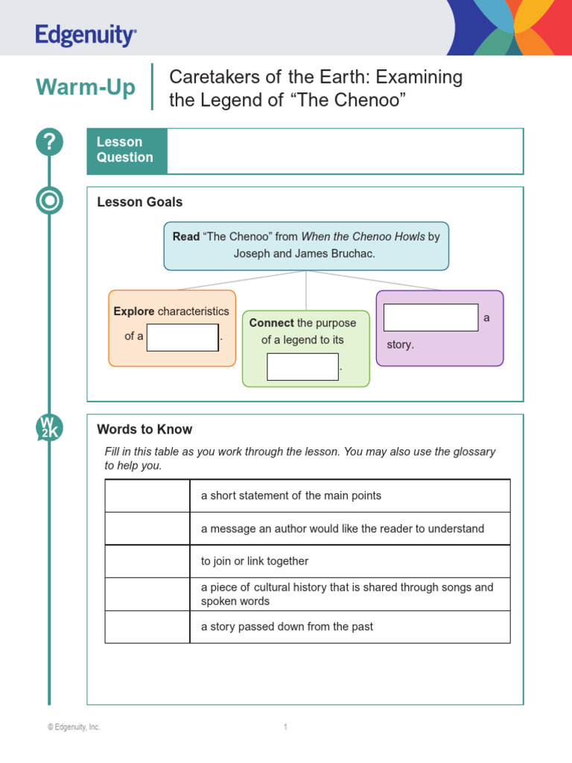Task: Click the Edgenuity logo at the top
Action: click(x=86, y=35)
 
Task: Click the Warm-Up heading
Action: click(x=86, y=88)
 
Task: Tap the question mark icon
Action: click(x=50, y=142)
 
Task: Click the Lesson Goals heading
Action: click(x=140, y=202)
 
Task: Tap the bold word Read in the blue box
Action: click(x=186, y=237)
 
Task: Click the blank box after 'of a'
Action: click(x=182, y=337)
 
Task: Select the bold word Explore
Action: click(x=134, y=311)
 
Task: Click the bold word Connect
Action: click(x=272, y=323)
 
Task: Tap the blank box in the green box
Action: click(x=302, y=367)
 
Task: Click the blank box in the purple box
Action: click(x=430, y=317)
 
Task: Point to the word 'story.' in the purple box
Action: click(x=400, y=345)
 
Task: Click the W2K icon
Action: click(x=50, y=428)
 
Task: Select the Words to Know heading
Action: click(x=144, y=429)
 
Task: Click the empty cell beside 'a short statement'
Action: click(x=147, y=496)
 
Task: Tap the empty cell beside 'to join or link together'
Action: click(x=147, y=561)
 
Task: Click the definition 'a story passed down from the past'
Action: click(x=287, y=627)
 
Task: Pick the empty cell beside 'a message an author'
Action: click(x=147, y=529)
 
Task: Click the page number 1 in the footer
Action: click(x=285, y=727)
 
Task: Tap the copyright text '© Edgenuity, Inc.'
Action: click(x=74, y=727)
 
